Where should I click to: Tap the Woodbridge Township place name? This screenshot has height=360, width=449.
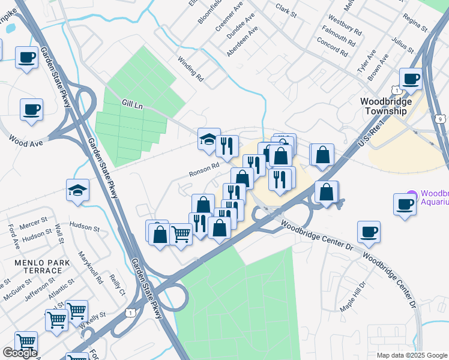pyautogui.click(x=394, y=106)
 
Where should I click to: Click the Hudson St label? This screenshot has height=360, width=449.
pyautogui.click(x=84, y=227)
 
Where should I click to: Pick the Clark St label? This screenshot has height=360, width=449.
pyautogui.click(x=287, y=8)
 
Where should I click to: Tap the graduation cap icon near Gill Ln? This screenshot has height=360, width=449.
pyautogui.click(x=208, y=140)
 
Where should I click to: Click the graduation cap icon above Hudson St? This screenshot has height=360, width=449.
pyautogui.click(x=77, y=190)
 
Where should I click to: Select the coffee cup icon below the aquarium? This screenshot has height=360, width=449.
pyautogui.click(x=369, y=232)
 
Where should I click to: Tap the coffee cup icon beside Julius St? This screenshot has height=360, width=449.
pyautogui.click(x=412, y=79)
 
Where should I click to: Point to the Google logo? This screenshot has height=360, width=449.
pyautogui.click(x=20, y=353)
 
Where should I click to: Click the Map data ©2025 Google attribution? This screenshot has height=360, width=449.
pyautogui.click(x=411, y=355)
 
